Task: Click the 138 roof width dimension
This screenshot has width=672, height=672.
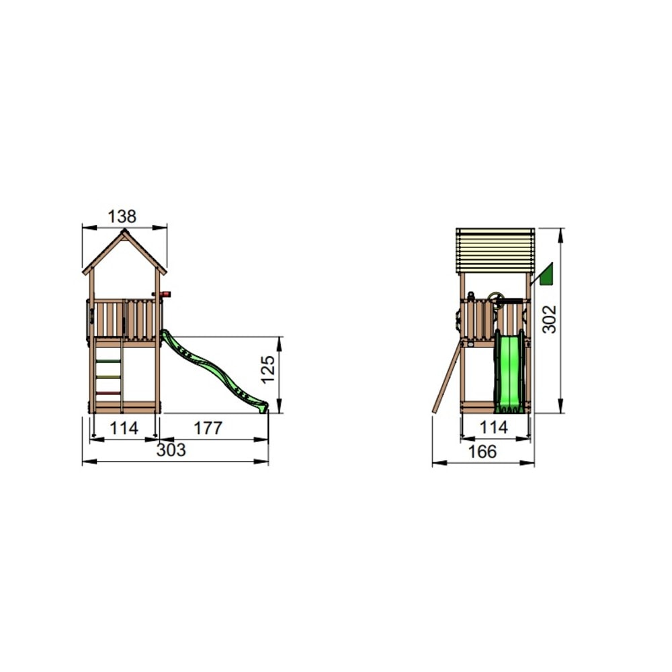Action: click(x=122, y=216)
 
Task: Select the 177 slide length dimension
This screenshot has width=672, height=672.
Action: click(x=208, y=428)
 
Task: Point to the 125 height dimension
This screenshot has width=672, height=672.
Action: click(x=268, y=370)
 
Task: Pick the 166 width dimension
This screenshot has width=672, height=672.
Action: click(x=482, y=452)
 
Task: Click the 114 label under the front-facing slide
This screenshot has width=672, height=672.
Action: click(x=495, y=427)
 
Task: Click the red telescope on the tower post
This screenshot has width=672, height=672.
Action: click(x=165, y=294)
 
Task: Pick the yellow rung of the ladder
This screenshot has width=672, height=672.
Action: click(x=108, y=376)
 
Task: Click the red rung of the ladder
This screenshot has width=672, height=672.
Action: click(x=108, y=392)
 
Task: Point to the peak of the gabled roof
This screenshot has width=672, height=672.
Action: click(x=124, y=233)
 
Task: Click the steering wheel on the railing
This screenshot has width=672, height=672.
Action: click(x=497, y=299)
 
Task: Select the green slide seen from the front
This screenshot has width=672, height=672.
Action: click(x=509, y=373)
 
